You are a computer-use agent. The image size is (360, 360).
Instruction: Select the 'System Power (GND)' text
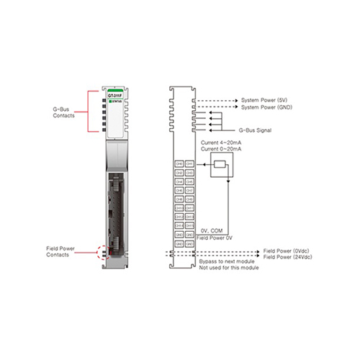point(266,107)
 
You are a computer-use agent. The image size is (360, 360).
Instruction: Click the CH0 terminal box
point(179,164)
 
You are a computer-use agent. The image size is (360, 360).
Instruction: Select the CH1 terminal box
point(190,164)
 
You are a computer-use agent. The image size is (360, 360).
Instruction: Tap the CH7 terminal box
point(190,190)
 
